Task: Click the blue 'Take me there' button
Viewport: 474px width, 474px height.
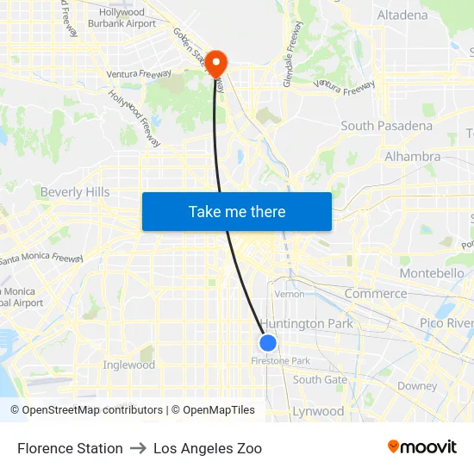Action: [x=237, y=211]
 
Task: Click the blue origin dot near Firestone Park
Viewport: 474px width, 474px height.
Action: [x=268, y=343]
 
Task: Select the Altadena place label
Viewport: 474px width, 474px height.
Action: [x=402, y=15]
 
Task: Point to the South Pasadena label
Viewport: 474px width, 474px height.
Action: [x=386, y=126]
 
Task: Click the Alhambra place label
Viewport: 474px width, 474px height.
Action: [x=412, y=157]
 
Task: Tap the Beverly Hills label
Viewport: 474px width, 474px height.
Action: [x=75, y=192]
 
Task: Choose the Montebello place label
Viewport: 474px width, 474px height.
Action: [x=432, y=273]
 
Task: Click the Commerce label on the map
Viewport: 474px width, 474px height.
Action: [x=375, y=294]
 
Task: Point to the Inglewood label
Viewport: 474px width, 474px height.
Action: [x=129, y=365]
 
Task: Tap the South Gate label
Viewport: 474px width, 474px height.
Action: [x=320, y=379]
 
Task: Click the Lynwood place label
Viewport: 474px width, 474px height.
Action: [x=318, y=411]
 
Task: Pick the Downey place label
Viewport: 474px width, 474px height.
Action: [x=417, y=386]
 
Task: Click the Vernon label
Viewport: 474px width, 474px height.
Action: [x=289, y=294]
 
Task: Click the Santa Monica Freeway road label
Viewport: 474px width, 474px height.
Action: [x=41, y=258]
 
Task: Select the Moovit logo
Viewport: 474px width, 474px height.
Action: [x=422, y=447]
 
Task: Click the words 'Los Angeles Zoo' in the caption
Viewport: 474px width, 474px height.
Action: [x=208, y=448]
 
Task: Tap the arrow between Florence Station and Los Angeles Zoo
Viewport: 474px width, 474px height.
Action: [x=138, y=448]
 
